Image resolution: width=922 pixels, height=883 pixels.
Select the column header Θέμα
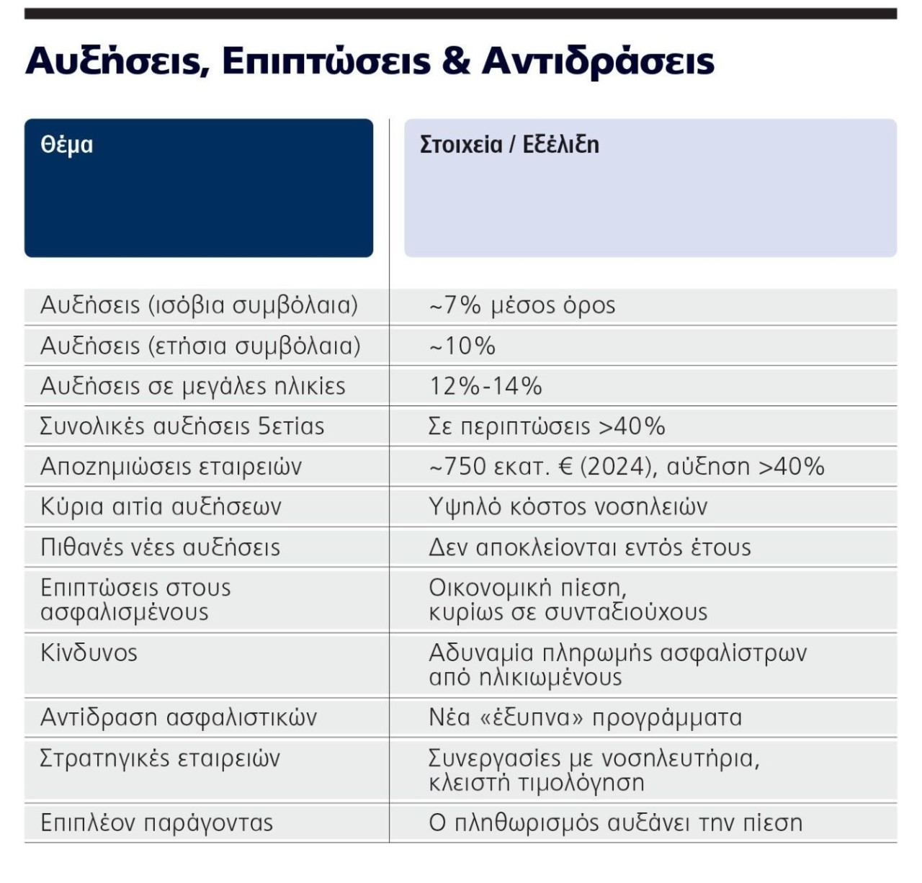[67, 145]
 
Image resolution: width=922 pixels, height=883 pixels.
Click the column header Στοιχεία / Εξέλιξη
[509, 145]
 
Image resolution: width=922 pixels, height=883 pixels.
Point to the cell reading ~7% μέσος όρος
[522, 305]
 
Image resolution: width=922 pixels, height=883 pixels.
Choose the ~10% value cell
[462, 346]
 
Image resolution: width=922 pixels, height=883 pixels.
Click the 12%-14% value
[485, 387]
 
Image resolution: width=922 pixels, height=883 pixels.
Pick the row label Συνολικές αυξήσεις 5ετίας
[182, 426]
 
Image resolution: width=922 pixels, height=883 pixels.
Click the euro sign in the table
[565, 467]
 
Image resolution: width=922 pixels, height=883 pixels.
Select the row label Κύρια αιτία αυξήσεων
[161, 507]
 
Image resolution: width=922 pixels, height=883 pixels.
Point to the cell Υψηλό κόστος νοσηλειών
[568, 507]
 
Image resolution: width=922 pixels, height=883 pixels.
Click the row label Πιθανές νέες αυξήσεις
[160, 547]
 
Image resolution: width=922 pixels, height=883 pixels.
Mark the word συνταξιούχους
[626, 613]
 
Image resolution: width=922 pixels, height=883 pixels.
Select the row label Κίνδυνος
[89, 653]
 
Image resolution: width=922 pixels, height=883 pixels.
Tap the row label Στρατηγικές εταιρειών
[160, 758]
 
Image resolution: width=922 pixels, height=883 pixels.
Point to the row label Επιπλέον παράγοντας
[157, 823]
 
